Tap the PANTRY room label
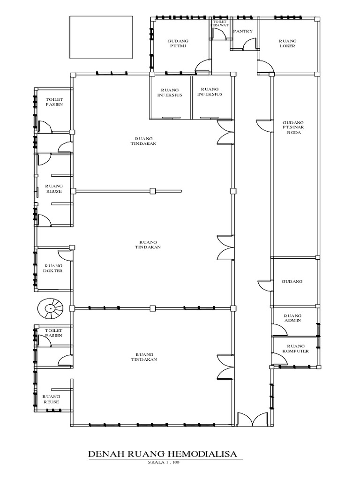[x=243, y=31]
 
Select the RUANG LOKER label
[x=287, y=43]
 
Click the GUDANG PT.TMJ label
[x=178, y=43]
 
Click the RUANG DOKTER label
[x=53, y=268]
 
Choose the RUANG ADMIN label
[x=292, y=318]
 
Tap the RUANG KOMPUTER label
[x=295, y=348]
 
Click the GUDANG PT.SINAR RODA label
[x=293, y=127]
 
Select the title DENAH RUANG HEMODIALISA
[x=163, y=454]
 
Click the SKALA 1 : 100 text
[x=164, y=462]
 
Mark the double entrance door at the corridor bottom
[x=253, y=419]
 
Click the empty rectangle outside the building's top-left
[x=101, y=37]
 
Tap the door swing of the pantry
[x=249, y=44]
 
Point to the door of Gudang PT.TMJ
[x=202, y=66]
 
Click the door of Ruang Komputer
[x=278, y=357]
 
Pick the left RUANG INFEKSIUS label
[x=170, y=92]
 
